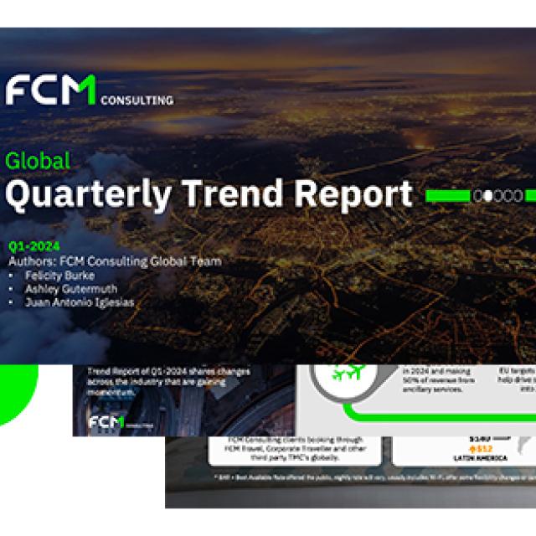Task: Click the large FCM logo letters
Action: coord(50,90)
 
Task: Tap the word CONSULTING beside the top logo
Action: coord(137,100)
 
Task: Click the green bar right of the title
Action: coord(447,196)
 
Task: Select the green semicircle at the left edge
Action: coord(17,394)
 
